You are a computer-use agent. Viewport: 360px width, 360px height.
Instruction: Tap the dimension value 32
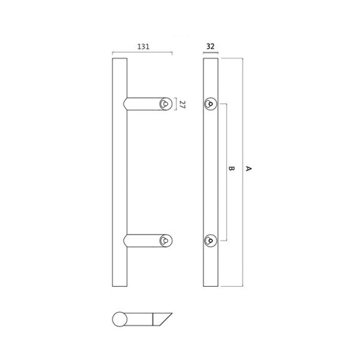[x=209, y=45]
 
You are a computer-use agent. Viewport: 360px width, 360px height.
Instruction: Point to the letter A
[x=248, y=170]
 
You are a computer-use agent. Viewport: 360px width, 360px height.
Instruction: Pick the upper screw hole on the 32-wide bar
[x=209, y=104]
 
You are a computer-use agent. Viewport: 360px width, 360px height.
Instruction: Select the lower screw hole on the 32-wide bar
[x=209, y=241]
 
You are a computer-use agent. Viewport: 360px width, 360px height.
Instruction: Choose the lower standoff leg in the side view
[x=145, y=241]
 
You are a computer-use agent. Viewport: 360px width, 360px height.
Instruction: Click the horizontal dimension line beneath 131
[x=142, y=54]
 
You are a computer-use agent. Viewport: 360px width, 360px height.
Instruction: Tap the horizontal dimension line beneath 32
[x=209, y=54]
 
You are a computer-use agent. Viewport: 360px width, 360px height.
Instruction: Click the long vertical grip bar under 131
[x=119, y=174]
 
